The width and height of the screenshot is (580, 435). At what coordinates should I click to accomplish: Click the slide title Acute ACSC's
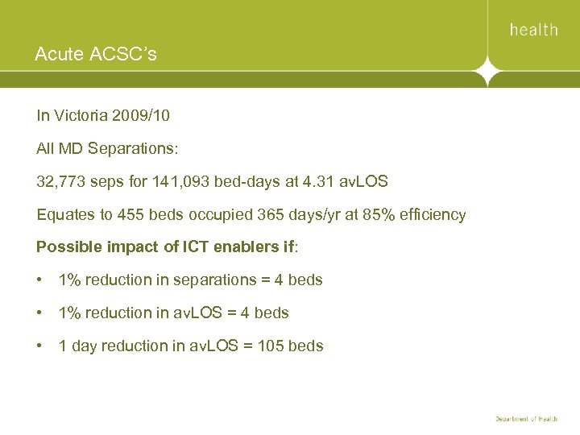(96, 55)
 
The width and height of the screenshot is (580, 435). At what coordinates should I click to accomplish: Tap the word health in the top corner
(533, 30)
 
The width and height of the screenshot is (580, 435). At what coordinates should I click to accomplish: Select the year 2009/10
(142, 115)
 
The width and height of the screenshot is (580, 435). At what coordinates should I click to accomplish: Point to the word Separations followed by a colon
(126, 149)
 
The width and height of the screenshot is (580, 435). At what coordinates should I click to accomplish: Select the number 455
(131, 215)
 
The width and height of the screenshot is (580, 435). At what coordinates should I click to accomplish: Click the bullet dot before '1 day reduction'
(40, 346)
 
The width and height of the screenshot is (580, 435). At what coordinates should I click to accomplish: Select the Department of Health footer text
(526, 420)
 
